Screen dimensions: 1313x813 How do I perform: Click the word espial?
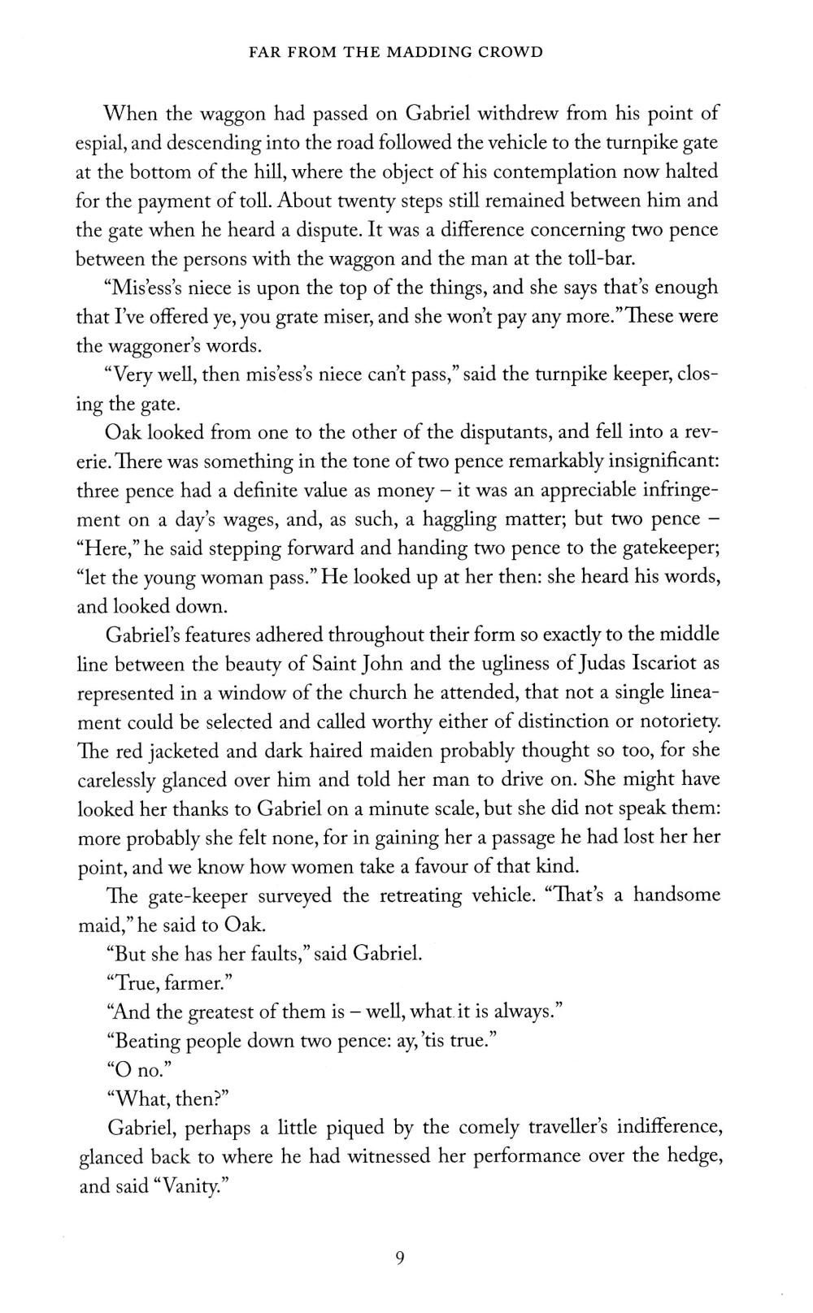pyautogui.click(x=99, y=143)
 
